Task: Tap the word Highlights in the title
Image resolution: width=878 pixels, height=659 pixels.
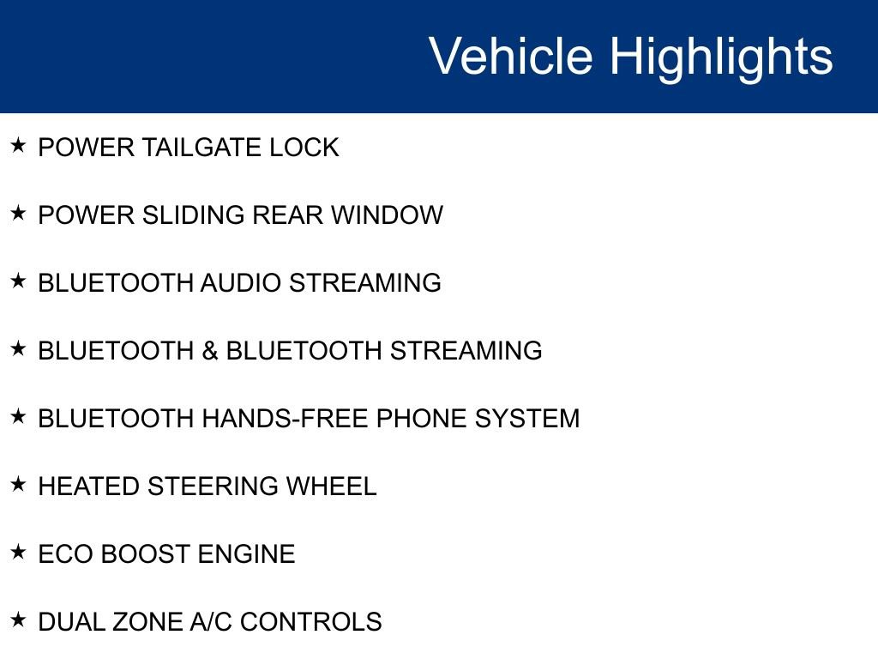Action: pos(721,57)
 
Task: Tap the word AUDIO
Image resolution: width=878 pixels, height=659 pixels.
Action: pos(241,283)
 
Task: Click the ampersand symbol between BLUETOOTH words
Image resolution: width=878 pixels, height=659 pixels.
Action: pos(210,351)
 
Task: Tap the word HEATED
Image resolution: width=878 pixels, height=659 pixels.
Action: pos(89,487)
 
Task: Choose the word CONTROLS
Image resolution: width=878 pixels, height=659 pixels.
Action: pos(310,622)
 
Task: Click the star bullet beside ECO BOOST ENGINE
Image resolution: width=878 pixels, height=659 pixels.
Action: pos(19,552)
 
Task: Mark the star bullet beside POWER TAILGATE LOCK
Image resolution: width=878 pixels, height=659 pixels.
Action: pos(19,145)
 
